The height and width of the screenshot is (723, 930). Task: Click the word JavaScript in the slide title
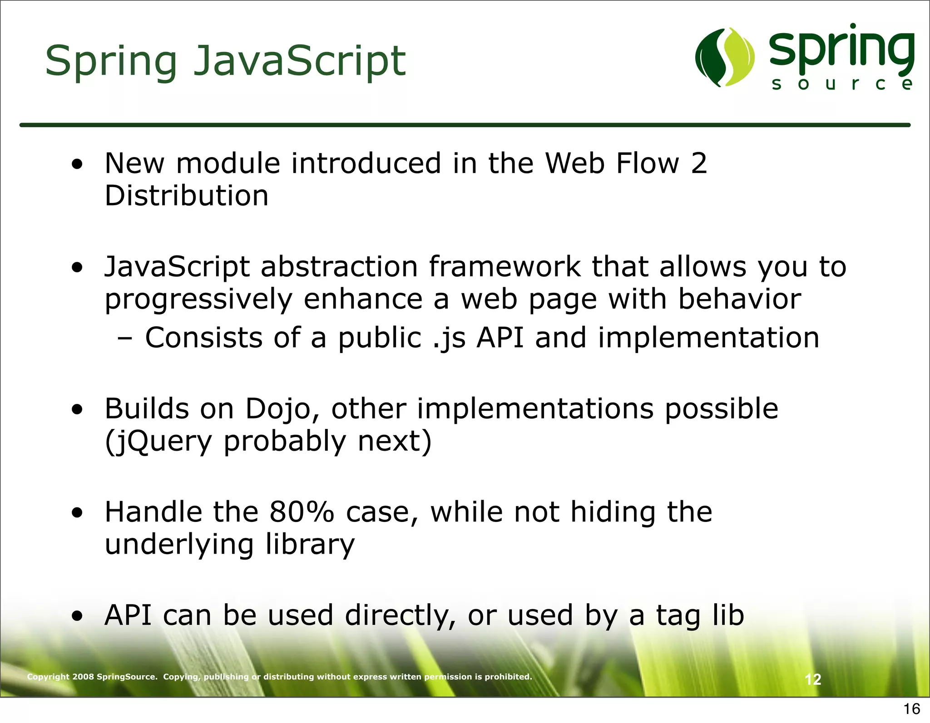coord(300,61)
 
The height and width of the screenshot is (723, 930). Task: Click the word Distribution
coord(186,196)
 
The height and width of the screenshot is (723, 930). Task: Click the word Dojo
coord(277,408)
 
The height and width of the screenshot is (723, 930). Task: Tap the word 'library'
coord(310,545)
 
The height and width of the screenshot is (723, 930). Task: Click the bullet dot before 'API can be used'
coord(78,616)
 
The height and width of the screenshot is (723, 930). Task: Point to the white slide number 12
coord(813,679)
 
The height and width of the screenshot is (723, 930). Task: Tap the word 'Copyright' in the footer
coord(48,677)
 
